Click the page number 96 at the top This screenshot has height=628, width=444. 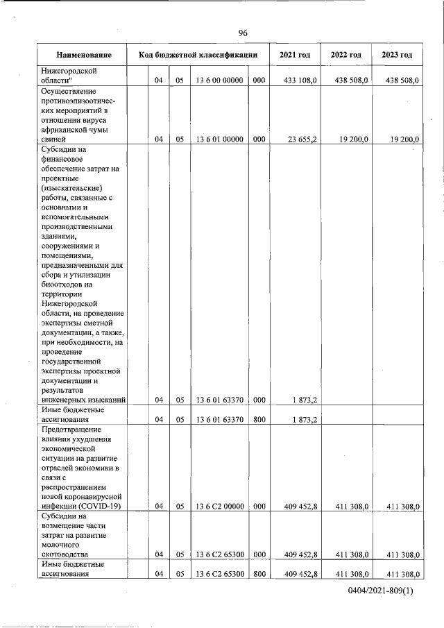243,33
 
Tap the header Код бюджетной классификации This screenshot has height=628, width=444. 198,55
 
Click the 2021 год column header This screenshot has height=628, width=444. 294,55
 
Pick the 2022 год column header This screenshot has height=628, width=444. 345,55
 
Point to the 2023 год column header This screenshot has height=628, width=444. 397,55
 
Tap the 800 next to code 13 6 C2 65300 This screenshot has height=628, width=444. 258,575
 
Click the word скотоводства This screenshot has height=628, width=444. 65,556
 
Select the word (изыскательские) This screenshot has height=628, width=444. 72,188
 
